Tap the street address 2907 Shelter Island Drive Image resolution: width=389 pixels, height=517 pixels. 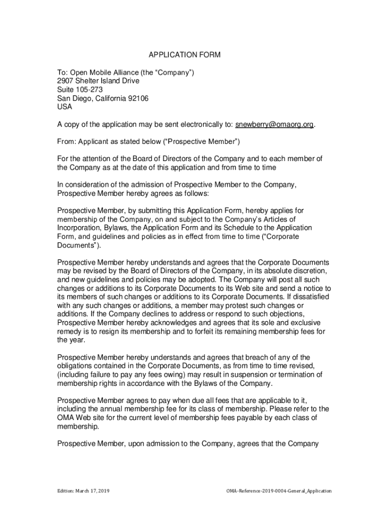pyautogui.click(x=98, y=81)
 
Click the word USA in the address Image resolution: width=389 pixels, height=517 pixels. pyautogui.click(x=65, y=107)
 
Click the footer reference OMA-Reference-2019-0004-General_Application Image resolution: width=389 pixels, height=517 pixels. pyautogui.click(x=279, y=491)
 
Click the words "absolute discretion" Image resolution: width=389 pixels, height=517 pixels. pyautogui.click(x=295, y=271)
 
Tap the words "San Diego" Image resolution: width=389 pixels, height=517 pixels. pyautogui.click(x=73, y=98)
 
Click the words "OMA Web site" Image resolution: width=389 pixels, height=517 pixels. pyautogui.click(x=80, y=418)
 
